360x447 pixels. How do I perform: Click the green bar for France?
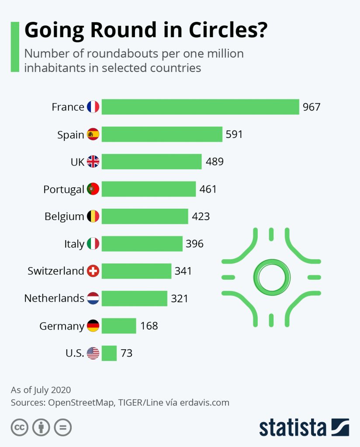(x=201, y=107)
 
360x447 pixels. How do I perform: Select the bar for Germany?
(x=119, y=326)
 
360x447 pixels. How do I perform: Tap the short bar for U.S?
(x=109, y=353)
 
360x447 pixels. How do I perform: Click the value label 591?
(x=234, y=134)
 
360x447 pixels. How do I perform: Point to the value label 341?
(x=183, y=271)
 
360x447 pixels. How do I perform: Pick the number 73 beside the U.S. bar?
(x=126, y=353)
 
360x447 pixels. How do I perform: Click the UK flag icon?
(x=93, y=162)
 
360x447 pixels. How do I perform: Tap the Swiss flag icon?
(x=93, y=271)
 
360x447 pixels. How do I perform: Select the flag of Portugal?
(x=93, y=189)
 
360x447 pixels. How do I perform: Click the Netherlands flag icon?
(x=93, y=299)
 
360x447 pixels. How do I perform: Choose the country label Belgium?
(x=64, y=217)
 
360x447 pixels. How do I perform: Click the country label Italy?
(x=74, y=244)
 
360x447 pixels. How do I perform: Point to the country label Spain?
(x=70, y=135)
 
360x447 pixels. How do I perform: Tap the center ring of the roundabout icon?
(x=272, y=277)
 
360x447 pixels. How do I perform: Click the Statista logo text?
(x=293, y=427)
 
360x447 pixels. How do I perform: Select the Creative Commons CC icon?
(x=19, y=427)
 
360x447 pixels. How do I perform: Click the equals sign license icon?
(x=62, y=427)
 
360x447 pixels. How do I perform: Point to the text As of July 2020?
(x=41, y=389)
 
